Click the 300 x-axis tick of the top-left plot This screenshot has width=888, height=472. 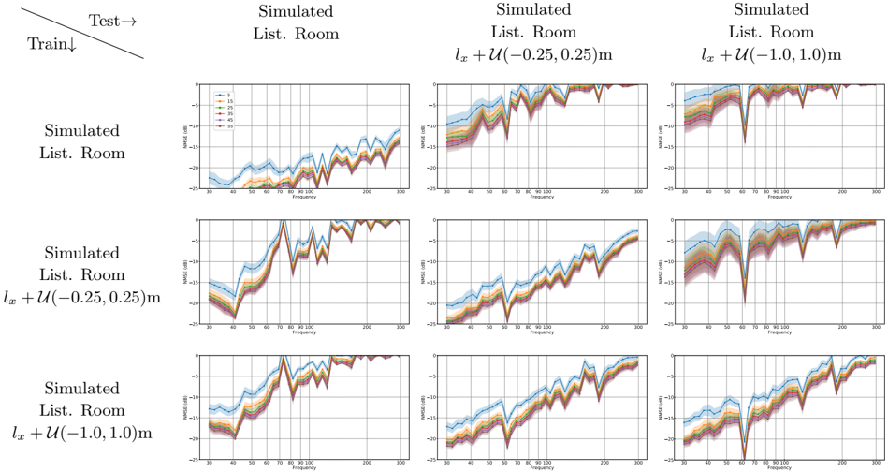(x=400, y=194)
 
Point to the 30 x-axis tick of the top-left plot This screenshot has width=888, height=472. (x=210, y=194)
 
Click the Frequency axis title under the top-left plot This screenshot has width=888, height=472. (x=304, y=199)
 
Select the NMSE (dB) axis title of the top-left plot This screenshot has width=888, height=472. (x=186, y=137)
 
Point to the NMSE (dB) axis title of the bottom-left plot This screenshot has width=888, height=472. (x=186, y=407)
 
